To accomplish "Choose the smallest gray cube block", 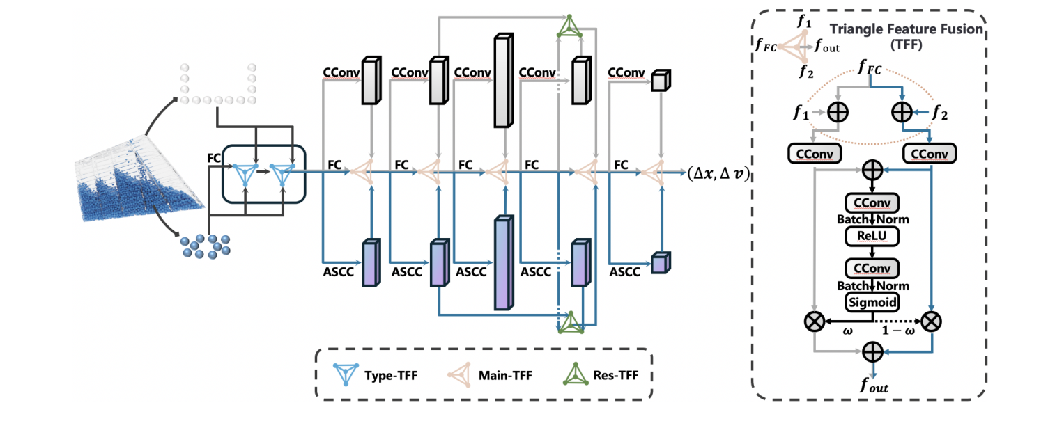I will click(659, 81).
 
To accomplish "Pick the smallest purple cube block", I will click(659, 263).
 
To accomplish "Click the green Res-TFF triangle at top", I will click(569, 26).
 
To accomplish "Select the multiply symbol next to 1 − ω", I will click(931, 321).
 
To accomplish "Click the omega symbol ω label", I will click(847, 331).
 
